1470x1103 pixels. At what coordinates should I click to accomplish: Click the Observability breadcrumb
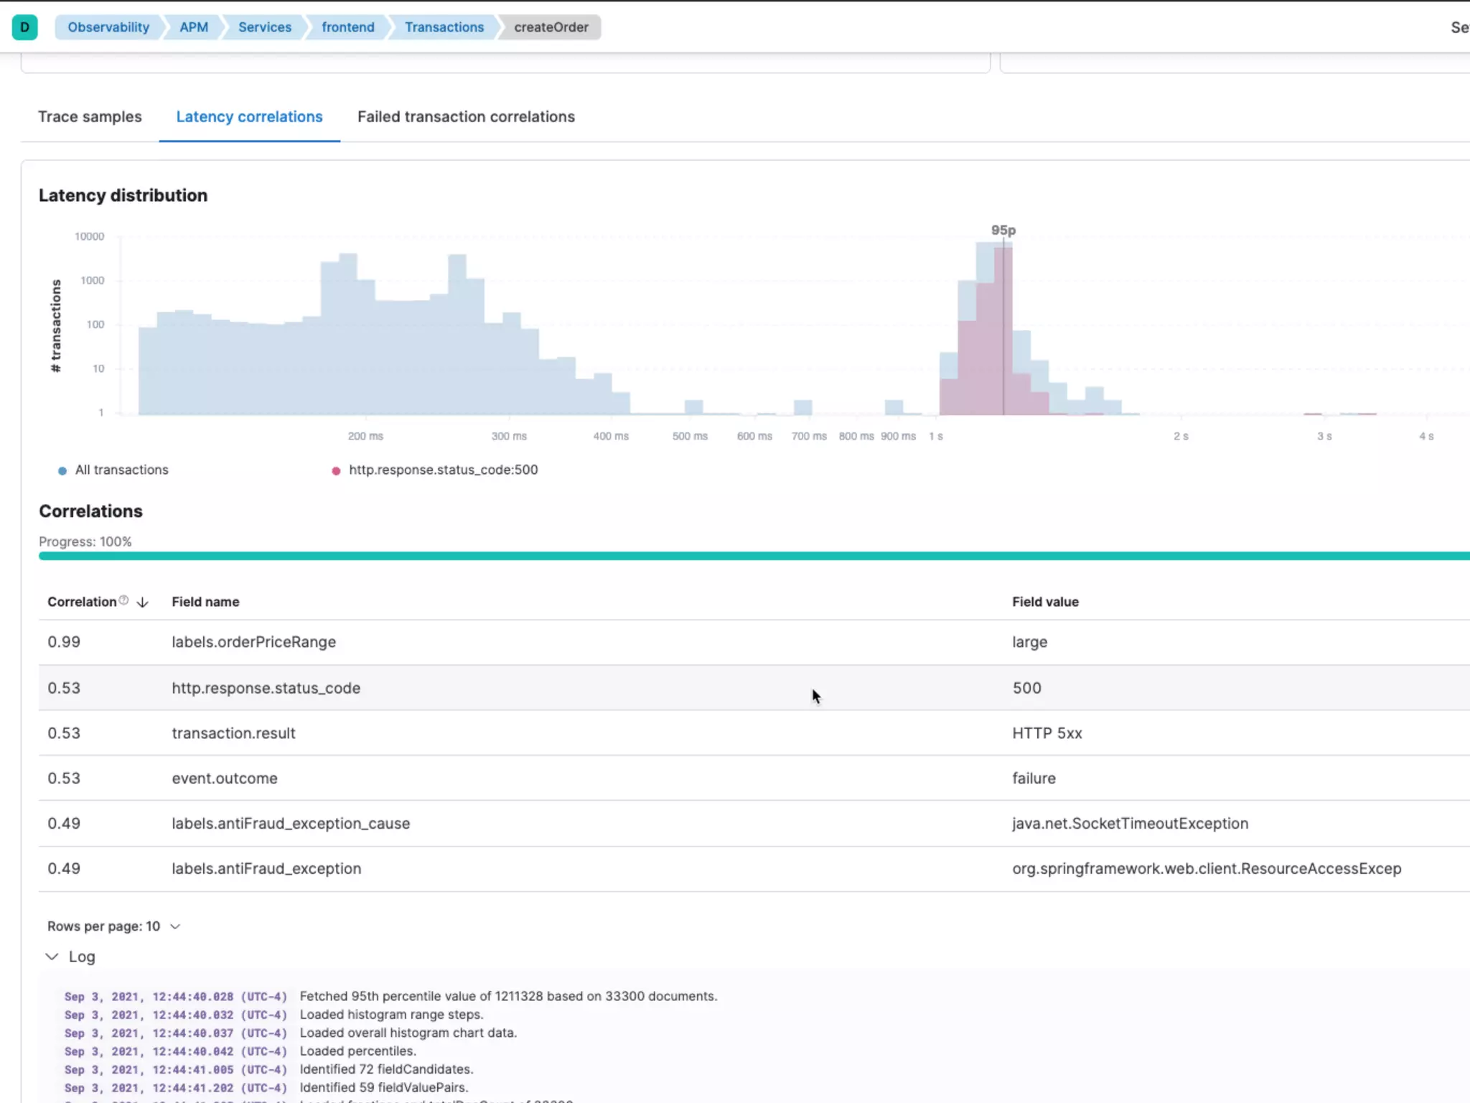tap(108, 27)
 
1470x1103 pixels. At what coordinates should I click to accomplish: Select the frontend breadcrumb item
tap(347, 27)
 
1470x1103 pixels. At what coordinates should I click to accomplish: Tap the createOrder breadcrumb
tap(551, 27)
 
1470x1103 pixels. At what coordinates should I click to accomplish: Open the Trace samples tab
tap(90, 117)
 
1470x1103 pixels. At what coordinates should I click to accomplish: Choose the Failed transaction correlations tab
tap(466, 117)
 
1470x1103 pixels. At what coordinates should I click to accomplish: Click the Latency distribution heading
tap(123, 195)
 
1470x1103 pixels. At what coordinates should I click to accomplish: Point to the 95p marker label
tap(1003, 231)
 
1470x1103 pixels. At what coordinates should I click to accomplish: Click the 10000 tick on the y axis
tap(90, 236)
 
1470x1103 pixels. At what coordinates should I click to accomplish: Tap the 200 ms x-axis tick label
tap(365, 437)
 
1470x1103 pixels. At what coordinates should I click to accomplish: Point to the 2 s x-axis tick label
tap(1181, 437)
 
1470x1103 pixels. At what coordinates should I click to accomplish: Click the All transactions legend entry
tap(121, 470)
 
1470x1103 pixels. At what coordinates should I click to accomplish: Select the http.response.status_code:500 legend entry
tap(443, 470)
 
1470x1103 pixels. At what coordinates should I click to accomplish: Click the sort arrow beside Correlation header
tap(142, 602)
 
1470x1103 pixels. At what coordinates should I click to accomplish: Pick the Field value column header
tap(1045, 602)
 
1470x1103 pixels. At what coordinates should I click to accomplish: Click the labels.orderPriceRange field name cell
tap(253, 642)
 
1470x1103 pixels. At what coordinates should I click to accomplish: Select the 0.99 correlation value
tap(64, 642)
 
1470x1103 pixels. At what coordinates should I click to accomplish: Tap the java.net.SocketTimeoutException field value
tap(1130, 824)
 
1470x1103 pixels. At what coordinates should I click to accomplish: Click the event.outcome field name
tap(224, 778)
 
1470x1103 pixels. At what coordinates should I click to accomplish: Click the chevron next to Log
tap(52, 957)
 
